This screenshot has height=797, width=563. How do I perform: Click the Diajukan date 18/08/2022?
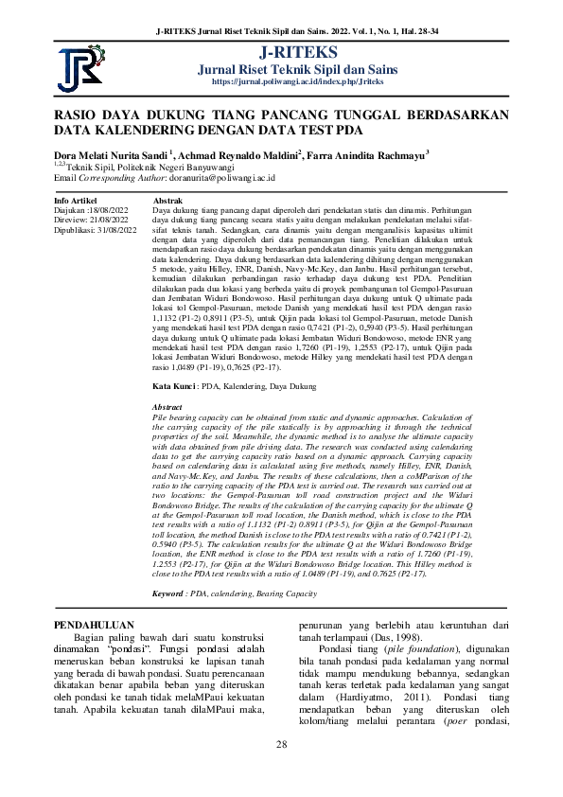(x=112, y=211)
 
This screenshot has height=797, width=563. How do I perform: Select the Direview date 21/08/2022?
(x=112, y=220)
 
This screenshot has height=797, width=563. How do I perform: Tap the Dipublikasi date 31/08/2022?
(x=116, y=228)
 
